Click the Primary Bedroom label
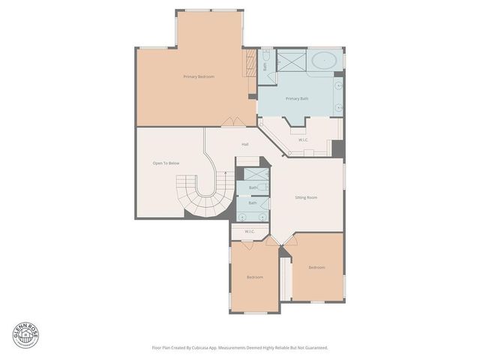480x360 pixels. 199,77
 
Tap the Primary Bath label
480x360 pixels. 297,98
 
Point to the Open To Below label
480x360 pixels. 166,163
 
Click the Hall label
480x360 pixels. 245,144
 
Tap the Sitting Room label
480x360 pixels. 306,197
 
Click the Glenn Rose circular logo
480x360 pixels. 25,335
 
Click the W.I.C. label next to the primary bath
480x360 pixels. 304,139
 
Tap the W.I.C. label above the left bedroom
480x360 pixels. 249,231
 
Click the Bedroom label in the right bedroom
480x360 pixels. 316,267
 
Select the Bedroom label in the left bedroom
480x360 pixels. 255,277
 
